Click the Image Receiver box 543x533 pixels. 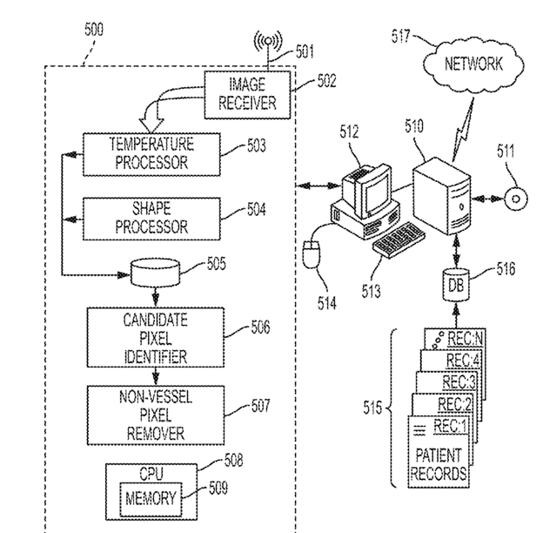(x=247, y=95)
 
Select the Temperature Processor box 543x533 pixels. (x=151, y=154)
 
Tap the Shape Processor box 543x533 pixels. (x=151, y=219)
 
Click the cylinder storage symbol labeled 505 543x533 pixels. (x=156, y=272)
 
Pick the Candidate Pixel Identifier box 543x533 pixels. (x=156, y=337)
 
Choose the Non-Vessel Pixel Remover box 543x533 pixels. (x=156, y=415)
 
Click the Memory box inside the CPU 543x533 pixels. (x=151, y=498)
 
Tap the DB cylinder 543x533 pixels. (x=456, y=285)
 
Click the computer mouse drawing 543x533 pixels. (x=312, y=254)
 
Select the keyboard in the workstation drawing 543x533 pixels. (x=399, y=240)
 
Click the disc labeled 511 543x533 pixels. (x=516, y=199)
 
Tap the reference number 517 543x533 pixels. (x=400, y=37)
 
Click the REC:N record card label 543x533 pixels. (x=465, y=339)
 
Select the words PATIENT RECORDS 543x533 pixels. (x=439, y=464)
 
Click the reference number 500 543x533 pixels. (x=94, y=30)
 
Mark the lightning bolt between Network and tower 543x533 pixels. (x=463, y=130)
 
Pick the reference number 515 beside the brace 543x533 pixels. (x=372, y=408)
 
